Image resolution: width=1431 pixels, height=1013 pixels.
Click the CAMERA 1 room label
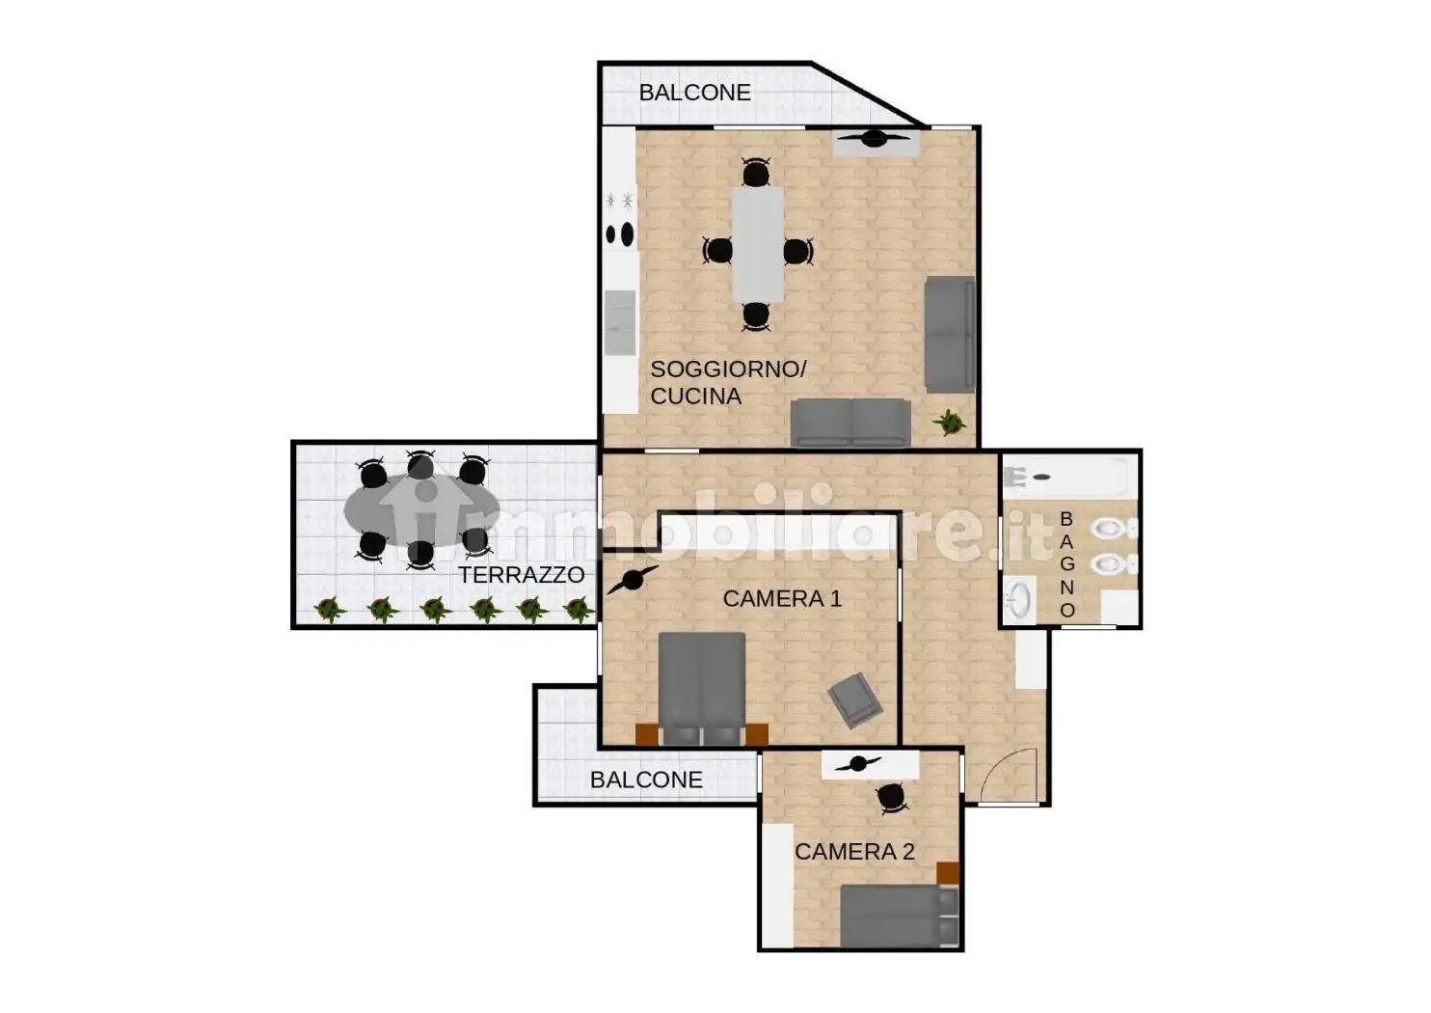pyautogui.click(x=782, y=599)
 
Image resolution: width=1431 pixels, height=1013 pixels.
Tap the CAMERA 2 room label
pyautogui.click(x=854, y=851)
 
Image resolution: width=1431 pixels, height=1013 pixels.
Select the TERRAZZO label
pyautogui.click(x=522, y=575)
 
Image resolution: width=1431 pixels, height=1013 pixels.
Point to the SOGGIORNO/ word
pyautogui.click(x=728, y=369)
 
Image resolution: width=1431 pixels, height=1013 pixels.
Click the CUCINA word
pyautogui.click(x=695, y=397)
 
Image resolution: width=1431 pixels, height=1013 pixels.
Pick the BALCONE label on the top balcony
pyautogui.click(x=694, y=93)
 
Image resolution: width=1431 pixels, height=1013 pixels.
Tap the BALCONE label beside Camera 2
pyautogui.click(x=646, y=780)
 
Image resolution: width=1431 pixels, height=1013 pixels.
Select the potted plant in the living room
pyautogui.click(x=949, y=423)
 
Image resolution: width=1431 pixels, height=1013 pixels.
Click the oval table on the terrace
pyautogui.click(x=421, y=509)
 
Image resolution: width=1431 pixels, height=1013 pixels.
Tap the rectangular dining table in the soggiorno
pyautogui.click(x=758, y=244)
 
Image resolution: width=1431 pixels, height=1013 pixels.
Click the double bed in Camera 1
pyautogui.click(x=702, y=688)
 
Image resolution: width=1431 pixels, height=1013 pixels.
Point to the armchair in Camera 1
pyautogui.click(x=854, y=699)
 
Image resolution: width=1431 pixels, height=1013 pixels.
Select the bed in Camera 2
pyautogui.click(x=900, y=916)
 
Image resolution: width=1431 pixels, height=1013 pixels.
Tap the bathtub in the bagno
pyautogui.click(x=1065, y=477)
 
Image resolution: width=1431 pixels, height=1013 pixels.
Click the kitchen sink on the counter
pyautogui.click(x=620, y=323)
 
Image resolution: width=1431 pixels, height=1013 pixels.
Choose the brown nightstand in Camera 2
pyautogui.click(x=948, y=872)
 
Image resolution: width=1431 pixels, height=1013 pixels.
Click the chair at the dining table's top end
pyautogui.click(x=756, y=172)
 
